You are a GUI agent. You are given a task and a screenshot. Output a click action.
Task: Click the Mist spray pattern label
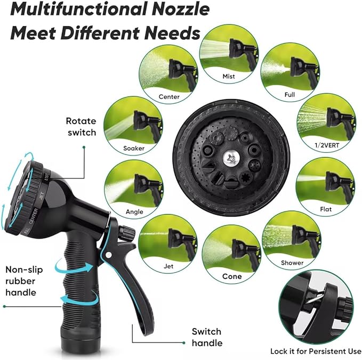coord(229,76)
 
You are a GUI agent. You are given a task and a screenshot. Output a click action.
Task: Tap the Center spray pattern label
coord(169,96)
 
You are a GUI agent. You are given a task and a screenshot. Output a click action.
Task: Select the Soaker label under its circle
coord(134,148)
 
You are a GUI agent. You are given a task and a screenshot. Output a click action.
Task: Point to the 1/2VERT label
coord(327,145)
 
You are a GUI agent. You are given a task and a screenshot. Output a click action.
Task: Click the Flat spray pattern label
coord(326,209)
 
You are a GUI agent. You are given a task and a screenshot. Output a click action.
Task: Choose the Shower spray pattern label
coord(292,263)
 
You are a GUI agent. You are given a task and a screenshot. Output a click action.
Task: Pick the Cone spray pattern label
coord(232,276)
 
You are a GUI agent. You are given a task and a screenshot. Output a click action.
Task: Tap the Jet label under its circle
coord(168,266)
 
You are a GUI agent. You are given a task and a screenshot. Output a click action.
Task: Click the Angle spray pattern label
coord(134,212)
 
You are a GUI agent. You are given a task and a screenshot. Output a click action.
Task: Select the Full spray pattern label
coord(289,95)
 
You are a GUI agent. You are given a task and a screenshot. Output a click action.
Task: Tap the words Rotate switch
coord(81,127)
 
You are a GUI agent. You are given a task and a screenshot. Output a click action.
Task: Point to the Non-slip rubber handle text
coord(24,281)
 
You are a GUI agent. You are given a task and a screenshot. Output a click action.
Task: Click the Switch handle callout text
coord(207,337)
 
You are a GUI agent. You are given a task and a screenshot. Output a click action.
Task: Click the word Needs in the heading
coord(172,33)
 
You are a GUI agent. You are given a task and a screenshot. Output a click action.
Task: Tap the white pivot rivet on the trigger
coord(108,255)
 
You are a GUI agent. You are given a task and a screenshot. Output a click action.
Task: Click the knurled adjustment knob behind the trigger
coord(126,233)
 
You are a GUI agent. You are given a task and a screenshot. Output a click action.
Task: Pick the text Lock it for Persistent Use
coord(316,351)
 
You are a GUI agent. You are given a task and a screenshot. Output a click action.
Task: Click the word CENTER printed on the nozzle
coord(34,216)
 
